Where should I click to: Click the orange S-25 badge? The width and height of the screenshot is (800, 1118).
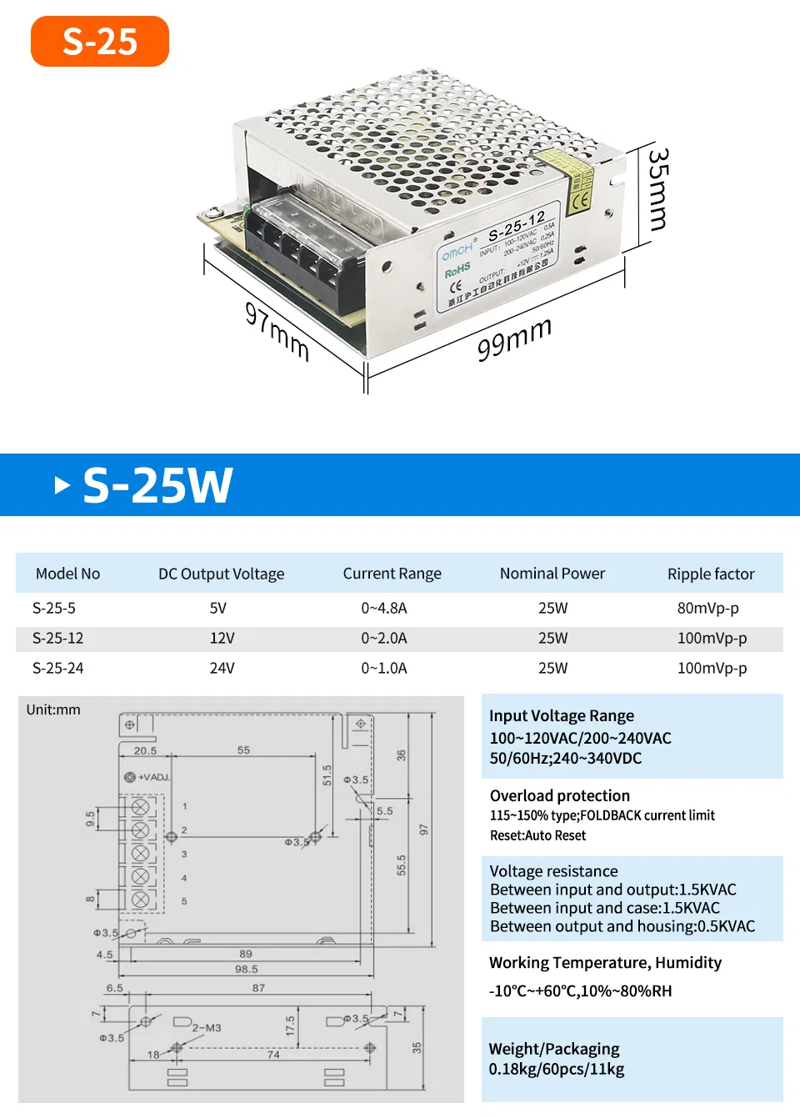pyautogui.click(x=100, y=41)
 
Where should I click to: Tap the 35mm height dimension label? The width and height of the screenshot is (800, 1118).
pyautogui.click(x=658, y=190)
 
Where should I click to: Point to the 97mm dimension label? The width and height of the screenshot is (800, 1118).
pyautogui.click(x=277, y=331)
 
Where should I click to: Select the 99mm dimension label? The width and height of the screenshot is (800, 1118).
pyautogui.click(x=514, y=338)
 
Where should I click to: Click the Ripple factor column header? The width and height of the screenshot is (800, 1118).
pyautogui.click(x=711, y=574)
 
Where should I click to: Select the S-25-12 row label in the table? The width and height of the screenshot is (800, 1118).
pyautogui.click(x=58, y=638)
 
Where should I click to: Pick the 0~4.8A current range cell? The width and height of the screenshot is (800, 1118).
pyautogui.click(x=384, y=608)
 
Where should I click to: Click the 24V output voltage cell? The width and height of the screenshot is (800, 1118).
pyautogui.click(x=222, y=668)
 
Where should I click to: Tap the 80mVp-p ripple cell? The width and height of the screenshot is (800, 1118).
pyautogui.click(x=707, y=608)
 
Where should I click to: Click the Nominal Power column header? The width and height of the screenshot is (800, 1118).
pyautogui.click(x=552, y=574)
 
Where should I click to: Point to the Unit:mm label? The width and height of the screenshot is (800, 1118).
pyautogui.click(x=53, y=709)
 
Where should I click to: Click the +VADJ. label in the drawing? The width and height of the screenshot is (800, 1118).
pyautogui.click(x=153, y=777)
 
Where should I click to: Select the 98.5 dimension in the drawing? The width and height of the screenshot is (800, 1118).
pyautogui.click(x=246, y=969)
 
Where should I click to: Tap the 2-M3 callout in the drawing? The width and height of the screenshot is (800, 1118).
pyautogui.click(x=207, y=1028)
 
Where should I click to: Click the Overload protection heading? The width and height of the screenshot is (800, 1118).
pyautogui.click(x=560, y=795)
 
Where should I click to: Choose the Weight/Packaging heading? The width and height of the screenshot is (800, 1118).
pyautogui.click(x=554, y=1049)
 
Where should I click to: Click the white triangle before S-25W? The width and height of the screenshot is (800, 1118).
pyautogui.click(x=62, y=484)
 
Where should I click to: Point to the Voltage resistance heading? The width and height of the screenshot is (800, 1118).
pyautogui.click(x=554, y=871)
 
